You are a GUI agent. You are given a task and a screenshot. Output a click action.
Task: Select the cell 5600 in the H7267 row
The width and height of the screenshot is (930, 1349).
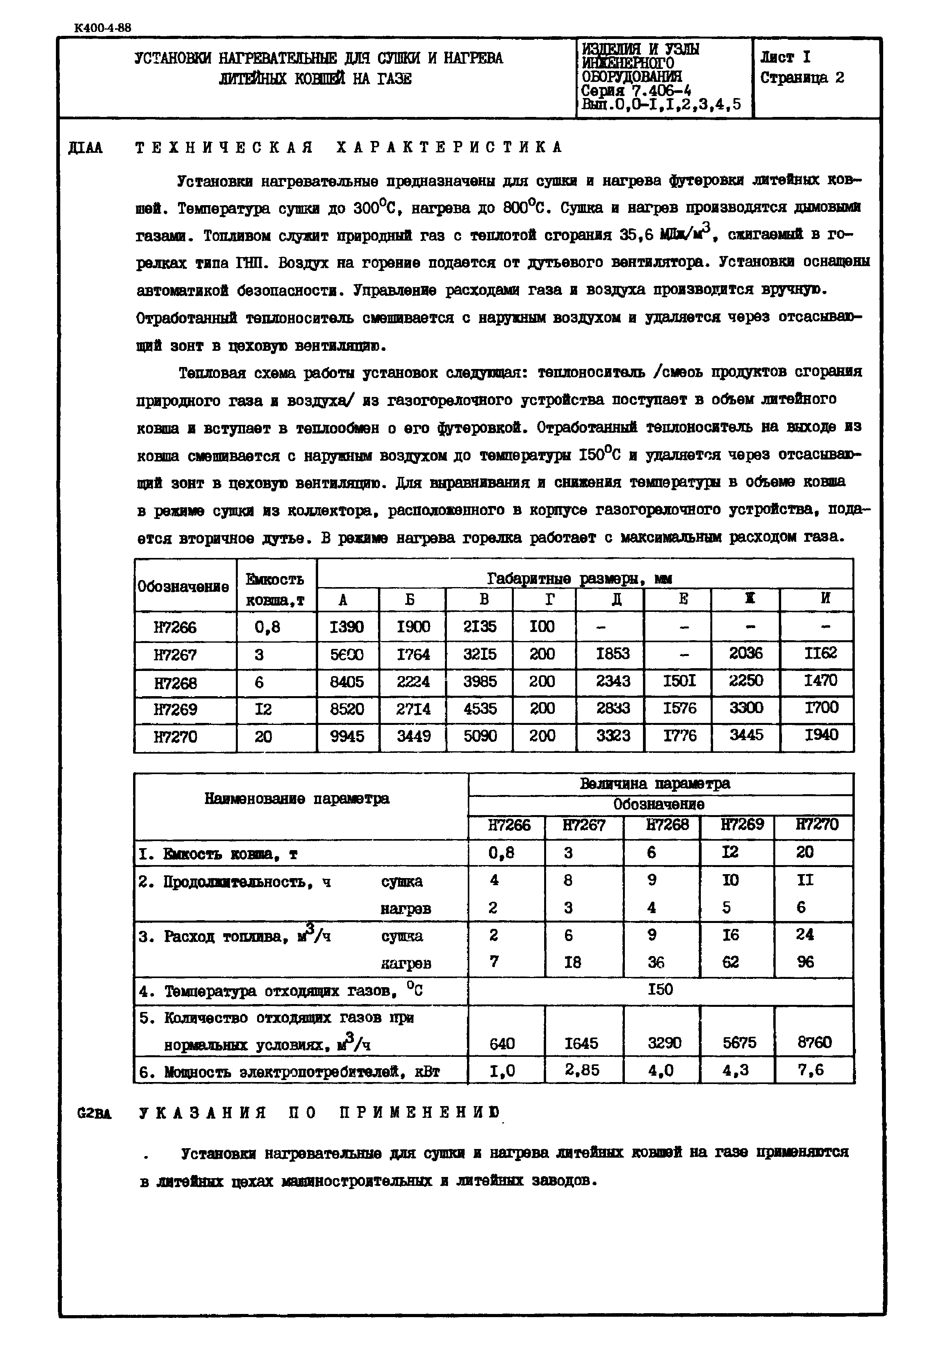click(x=347, y=654)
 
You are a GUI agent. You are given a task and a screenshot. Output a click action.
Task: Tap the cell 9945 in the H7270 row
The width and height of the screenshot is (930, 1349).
click(x=347, y=737)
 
